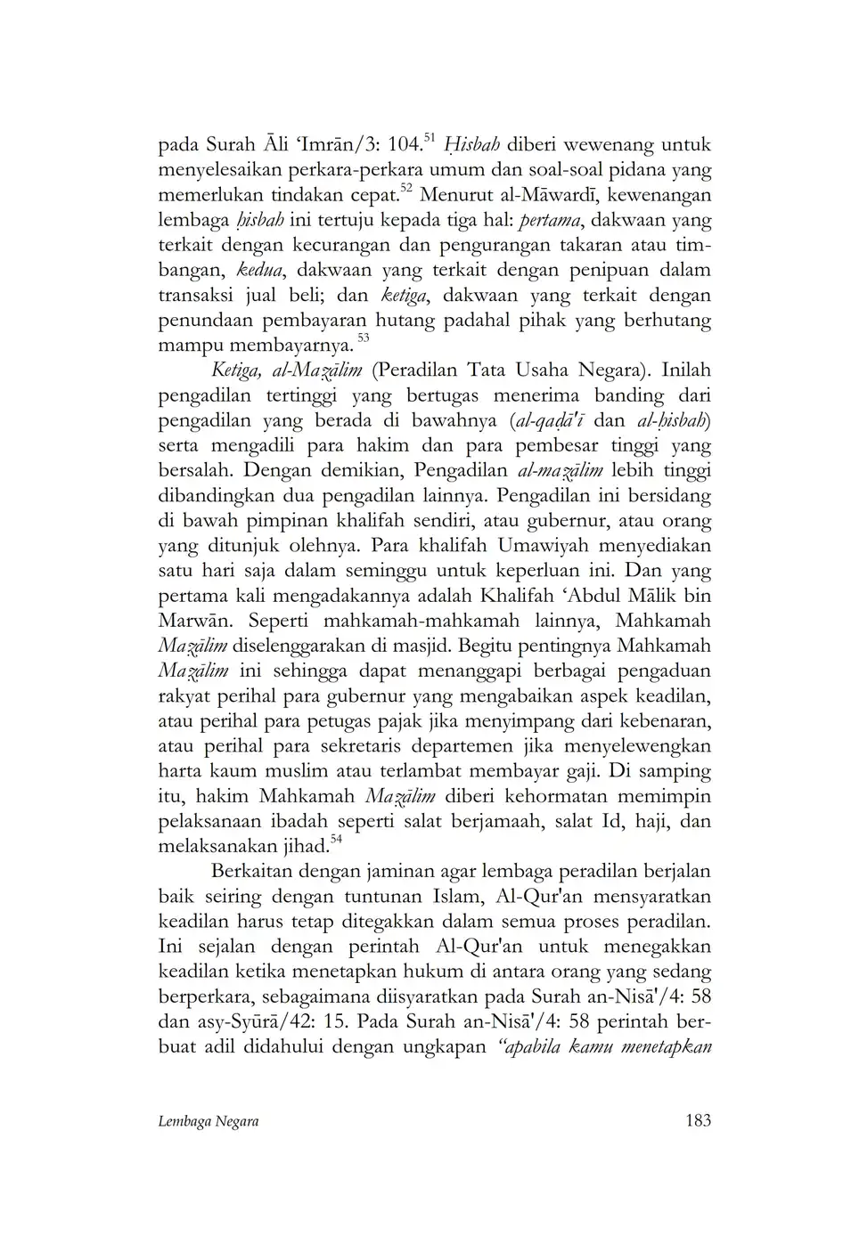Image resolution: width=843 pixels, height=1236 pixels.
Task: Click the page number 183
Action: [699, 1120]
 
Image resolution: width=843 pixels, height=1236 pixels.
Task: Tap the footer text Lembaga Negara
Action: [208, 1121]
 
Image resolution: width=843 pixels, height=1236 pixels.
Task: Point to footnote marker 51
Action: [428, 136]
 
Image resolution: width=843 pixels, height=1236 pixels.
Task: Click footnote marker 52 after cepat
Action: [405, 187]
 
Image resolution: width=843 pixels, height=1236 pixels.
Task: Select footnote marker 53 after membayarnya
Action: [363, 337]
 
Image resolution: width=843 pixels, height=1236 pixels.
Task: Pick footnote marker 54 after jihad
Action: [337, 838]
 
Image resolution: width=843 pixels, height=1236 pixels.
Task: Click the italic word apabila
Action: [528, 1045]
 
